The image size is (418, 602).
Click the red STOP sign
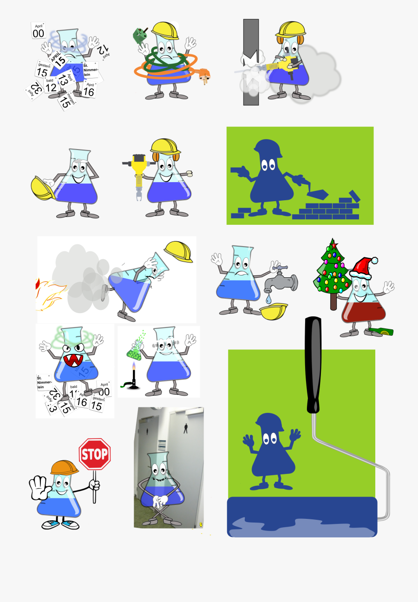pos(94,453)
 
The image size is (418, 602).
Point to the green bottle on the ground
pos(381,332)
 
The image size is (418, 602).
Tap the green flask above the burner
pos(134,349)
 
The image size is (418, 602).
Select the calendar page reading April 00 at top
pos(39,31)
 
